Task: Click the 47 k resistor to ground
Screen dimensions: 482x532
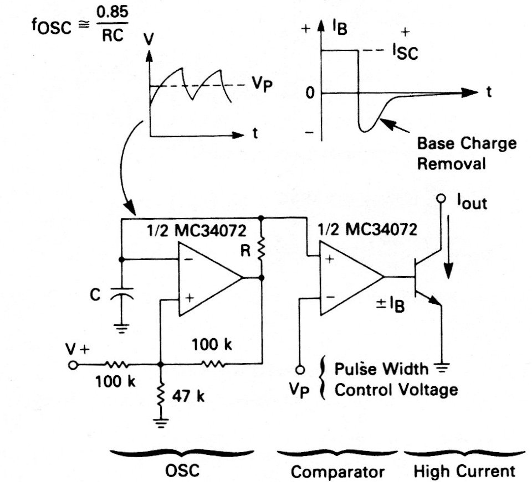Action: tap(160, 395)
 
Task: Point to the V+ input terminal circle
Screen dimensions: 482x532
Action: tap(71, 365)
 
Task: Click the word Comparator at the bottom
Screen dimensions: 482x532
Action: tap(337, 472)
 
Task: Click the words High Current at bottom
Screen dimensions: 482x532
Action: tap(464, 471)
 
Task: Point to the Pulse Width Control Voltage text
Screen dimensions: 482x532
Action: tap(396, 379)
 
